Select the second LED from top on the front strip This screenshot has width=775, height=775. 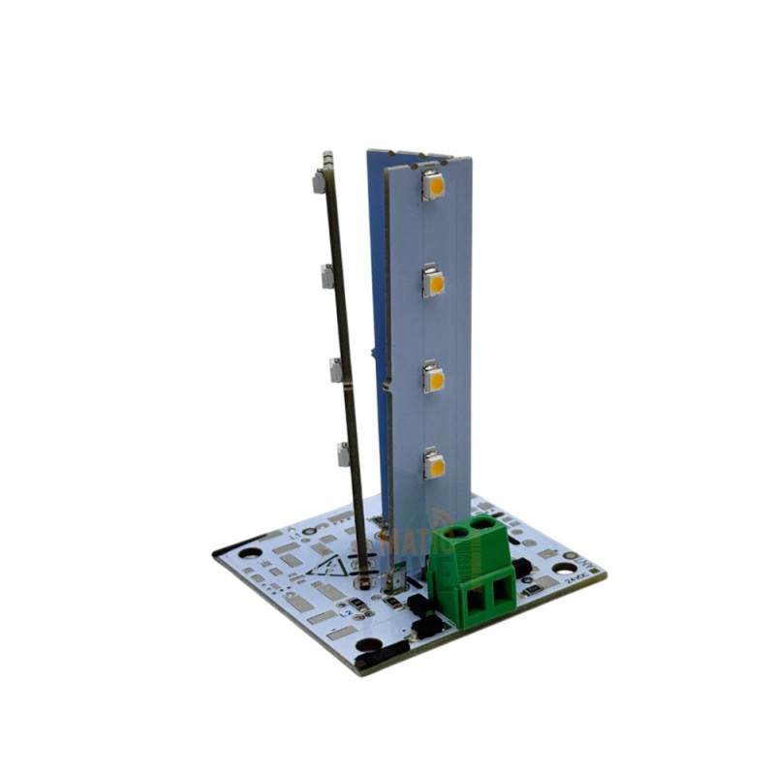(x=434, y=283)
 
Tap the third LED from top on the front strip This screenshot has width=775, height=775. (x=434, y=379)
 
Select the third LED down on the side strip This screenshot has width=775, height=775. (x=336, y=369)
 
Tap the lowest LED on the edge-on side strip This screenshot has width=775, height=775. (x=343, y=452)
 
